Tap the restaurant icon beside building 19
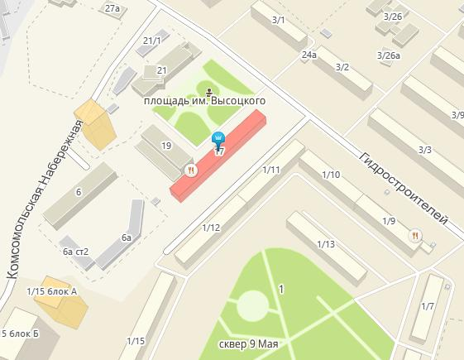click(191, 170)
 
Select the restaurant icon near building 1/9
click(415, 236)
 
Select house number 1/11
click(271, 170)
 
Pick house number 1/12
click(211, 228)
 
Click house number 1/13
click(325, 244)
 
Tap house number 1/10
click(331, 175)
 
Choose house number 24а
click(309, 55)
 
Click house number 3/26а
click(388, 55)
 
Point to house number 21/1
click(152, 40)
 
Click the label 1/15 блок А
click(52, 290)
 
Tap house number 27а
click(112, 7)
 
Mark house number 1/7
click(428, 307)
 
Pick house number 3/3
click(425, 150)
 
